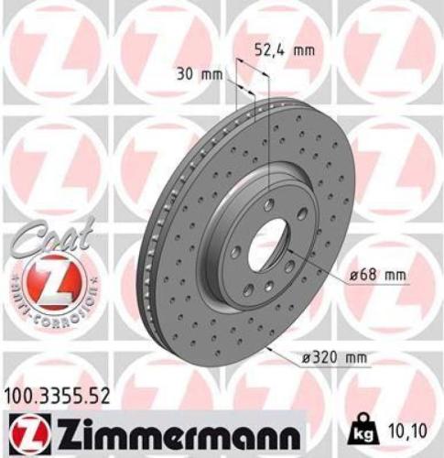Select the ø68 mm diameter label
click(375, 275)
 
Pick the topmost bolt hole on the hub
click(270, 202)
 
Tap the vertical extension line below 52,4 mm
click(266, 137)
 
